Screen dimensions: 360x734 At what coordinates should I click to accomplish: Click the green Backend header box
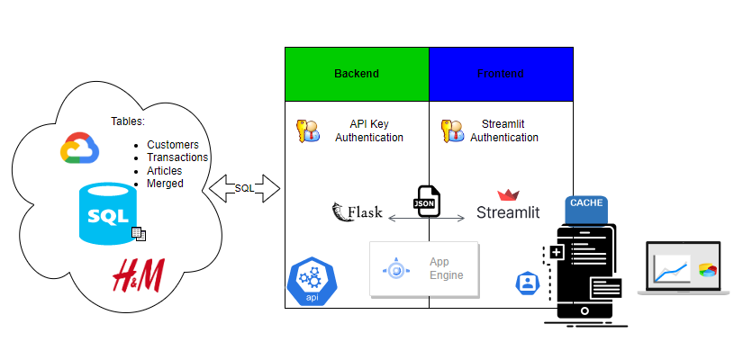tap(357, 73)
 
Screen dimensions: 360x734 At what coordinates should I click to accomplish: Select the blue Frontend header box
tap(501, 73)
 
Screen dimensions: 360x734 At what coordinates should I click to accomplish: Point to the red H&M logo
tap(137, 274)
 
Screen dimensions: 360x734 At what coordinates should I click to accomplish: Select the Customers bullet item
tap(172, 145)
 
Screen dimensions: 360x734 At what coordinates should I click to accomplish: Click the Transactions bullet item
tap(177, 157)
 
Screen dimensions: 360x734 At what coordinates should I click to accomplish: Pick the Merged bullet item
tap(165, 184)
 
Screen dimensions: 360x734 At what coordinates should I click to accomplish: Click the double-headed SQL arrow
tap(244, 188)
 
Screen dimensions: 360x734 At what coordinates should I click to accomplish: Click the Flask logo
tap(358, 213)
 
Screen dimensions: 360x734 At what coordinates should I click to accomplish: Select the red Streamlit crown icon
tap(509, 195)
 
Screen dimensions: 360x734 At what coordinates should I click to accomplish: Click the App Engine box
tap(424, 268)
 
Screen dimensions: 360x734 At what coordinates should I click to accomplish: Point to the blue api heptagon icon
tap(311, 282)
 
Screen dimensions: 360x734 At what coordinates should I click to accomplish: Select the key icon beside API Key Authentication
tap(307, 131)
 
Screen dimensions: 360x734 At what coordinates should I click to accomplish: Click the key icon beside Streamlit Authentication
tap(452, 131)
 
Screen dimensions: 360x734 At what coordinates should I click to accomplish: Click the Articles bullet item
tap(164, 171)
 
